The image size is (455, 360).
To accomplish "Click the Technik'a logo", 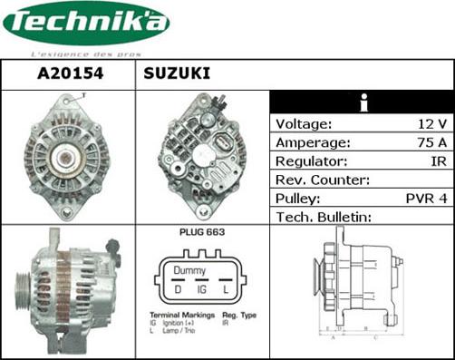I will pyautogui.click(x=85, y=25).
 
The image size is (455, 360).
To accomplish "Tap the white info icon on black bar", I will pyautogui.click(x=363, y=102).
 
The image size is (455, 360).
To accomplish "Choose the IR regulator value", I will pyautogui.click(x=438, y=161).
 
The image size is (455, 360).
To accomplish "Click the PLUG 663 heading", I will pyautogui.click(x=201, y=232).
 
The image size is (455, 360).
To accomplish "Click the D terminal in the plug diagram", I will pyautogui.click(x=178, y=289).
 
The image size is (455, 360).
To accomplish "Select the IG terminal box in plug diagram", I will pyautogui.click(x=203, y=289).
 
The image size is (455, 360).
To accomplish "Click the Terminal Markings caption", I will pyautogui.click(x=181, y=315).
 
